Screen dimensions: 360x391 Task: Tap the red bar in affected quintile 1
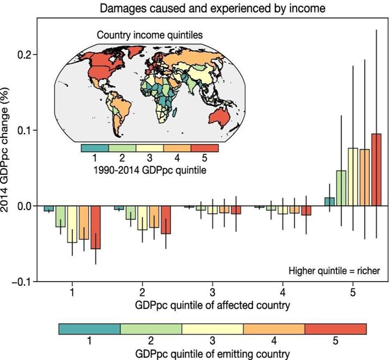(x=95, y=227)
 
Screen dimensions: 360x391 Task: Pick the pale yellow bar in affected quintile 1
(x=72, y=224)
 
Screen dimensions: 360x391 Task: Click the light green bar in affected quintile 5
(x=341, y=188)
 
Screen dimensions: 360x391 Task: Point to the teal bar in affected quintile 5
(x=329, y=202)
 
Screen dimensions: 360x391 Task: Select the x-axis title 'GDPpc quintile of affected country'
(x=212, y=305)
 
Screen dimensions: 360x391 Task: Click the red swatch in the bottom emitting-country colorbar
(x=335, y=329)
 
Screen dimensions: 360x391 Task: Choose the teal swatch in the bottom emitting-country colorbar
(x=90, y=329)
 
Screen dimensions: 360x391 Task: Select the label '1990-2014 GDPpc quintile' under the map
(x=149, y=168)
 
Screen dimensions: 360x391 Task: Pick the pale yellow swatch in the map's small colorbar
(x=149, y=148)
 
